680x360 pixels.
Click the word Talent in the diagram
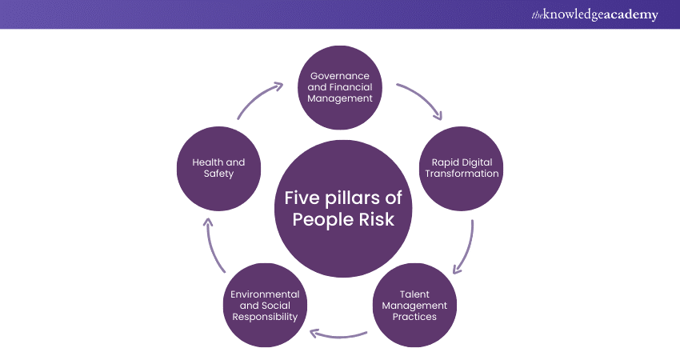tap(414, 294)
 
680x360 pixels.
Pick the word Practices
tap(414, 317)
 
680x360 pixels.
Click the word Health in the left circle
tap(209, 162)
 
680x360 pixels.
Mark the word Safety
tap(218, 174)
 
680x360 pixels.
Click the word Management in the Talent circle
tap(414, 306)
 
